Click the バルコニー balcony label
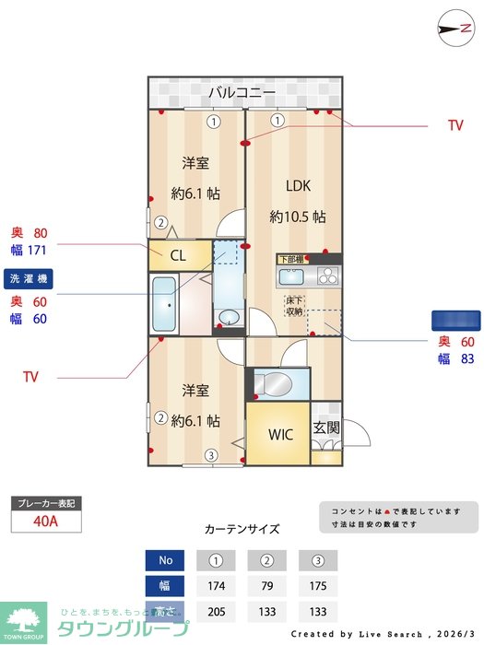pos(242,92)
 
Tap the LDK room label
pos(298,186)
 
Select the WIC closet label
pos(280,434)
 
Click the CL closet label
pos(179,255)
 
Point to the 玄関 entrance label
pos(325,428)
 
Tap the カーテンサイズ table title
pos(242,530)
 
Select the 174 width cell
pos(214,586)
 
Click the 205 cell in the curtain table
pos(214,611)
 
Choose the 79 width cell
pos(266,586)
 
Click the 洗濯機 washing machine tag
pos(30,278)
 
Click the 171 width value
pos(37,250)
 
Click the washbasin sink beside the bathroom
pos(228,318)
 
